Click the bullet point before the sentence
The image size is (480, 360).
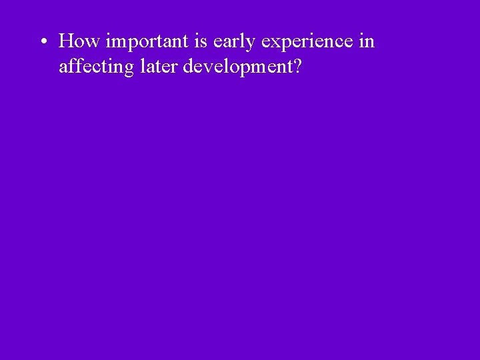tap(42, 43)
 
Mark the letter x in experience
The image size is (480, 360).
tap(273, 43)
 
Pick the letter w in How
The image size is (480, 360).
tap(92, 43)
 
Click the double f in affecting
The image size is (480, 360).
tap(73, 66)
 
